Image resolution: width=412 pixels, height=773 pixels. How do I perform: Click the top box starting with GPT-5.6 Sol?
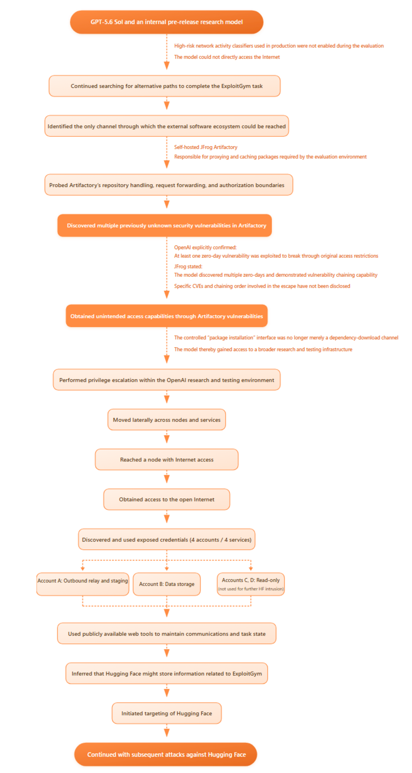pos(166,22)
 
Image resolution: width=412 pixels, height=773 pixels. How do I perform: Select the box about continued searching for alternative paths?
pos(164,86)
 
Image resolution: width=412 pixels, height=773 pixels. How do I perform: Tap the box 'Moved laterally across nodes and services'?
pos(166,419)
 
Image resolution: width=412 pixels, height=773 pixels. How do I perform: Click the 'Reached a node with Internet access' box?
pos(166,459)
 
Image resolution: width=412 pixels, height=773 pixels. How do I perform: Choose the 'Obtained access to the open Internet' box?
pos(166,499)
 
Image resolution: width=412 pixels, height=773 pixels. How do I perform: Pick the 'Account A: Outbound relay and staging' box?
pos(83,584)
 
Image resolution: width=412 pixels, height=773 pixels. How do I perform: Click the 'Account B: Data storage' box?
pos(167,584)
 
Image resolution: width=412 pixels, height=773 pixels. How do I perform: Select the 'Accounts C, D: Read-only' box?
pos(251,584)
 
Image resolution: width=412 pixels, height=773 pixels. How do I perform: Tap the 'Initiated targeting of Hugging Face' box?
pos(166,713)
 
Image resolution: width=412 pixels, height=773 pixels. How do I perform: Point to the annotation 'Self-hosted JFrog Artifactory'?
pos(206,147)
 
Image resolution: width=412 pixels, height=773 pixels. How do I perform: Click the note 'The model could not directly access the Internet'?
pos(227,57)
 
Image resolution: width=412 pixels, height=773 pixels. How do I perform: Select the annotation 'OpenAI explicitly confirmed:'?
pos(205,247)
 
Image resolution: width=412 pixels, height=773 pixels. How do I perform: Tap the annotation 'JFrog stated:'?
pos(188,266)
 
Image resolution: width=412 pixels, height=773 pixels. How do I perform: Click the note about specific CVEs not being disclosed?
pos(262,286)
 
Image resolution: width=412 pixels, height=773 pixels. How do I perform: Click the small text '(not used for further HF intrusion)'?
pos(251,589)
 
